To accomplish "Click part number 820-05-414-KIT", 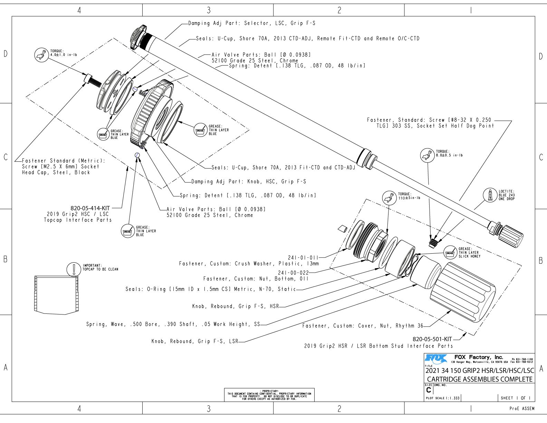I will click(90, 208).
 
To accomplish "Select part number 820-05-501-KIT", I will click(432, 339).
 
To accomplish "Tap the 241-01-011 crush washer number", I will click(303, 257).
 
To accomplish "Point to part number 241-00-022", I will click(293, 273).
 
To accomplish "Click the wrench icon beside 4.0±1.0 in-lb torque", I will click(41, 55).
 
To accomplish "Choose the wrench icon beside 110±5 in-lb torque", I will click(389, 198).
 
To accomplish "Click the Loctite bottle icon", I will click(490, 195).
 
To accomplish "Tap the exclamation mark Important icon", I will click(73, 269).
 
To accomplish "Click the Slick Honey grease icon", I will click(450, 253).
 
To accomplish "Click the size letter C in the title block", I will click(429, 390).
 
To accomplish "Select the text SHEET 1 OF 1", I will click(516, 398).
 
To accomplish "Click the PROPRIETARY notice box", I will click(269, 395).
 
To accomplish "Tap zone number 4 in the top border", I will click(79, 10).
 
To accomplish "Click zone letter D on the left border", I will click(5, 54).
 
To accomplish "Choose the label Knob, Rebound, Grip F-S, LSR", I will click(195, 341).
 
